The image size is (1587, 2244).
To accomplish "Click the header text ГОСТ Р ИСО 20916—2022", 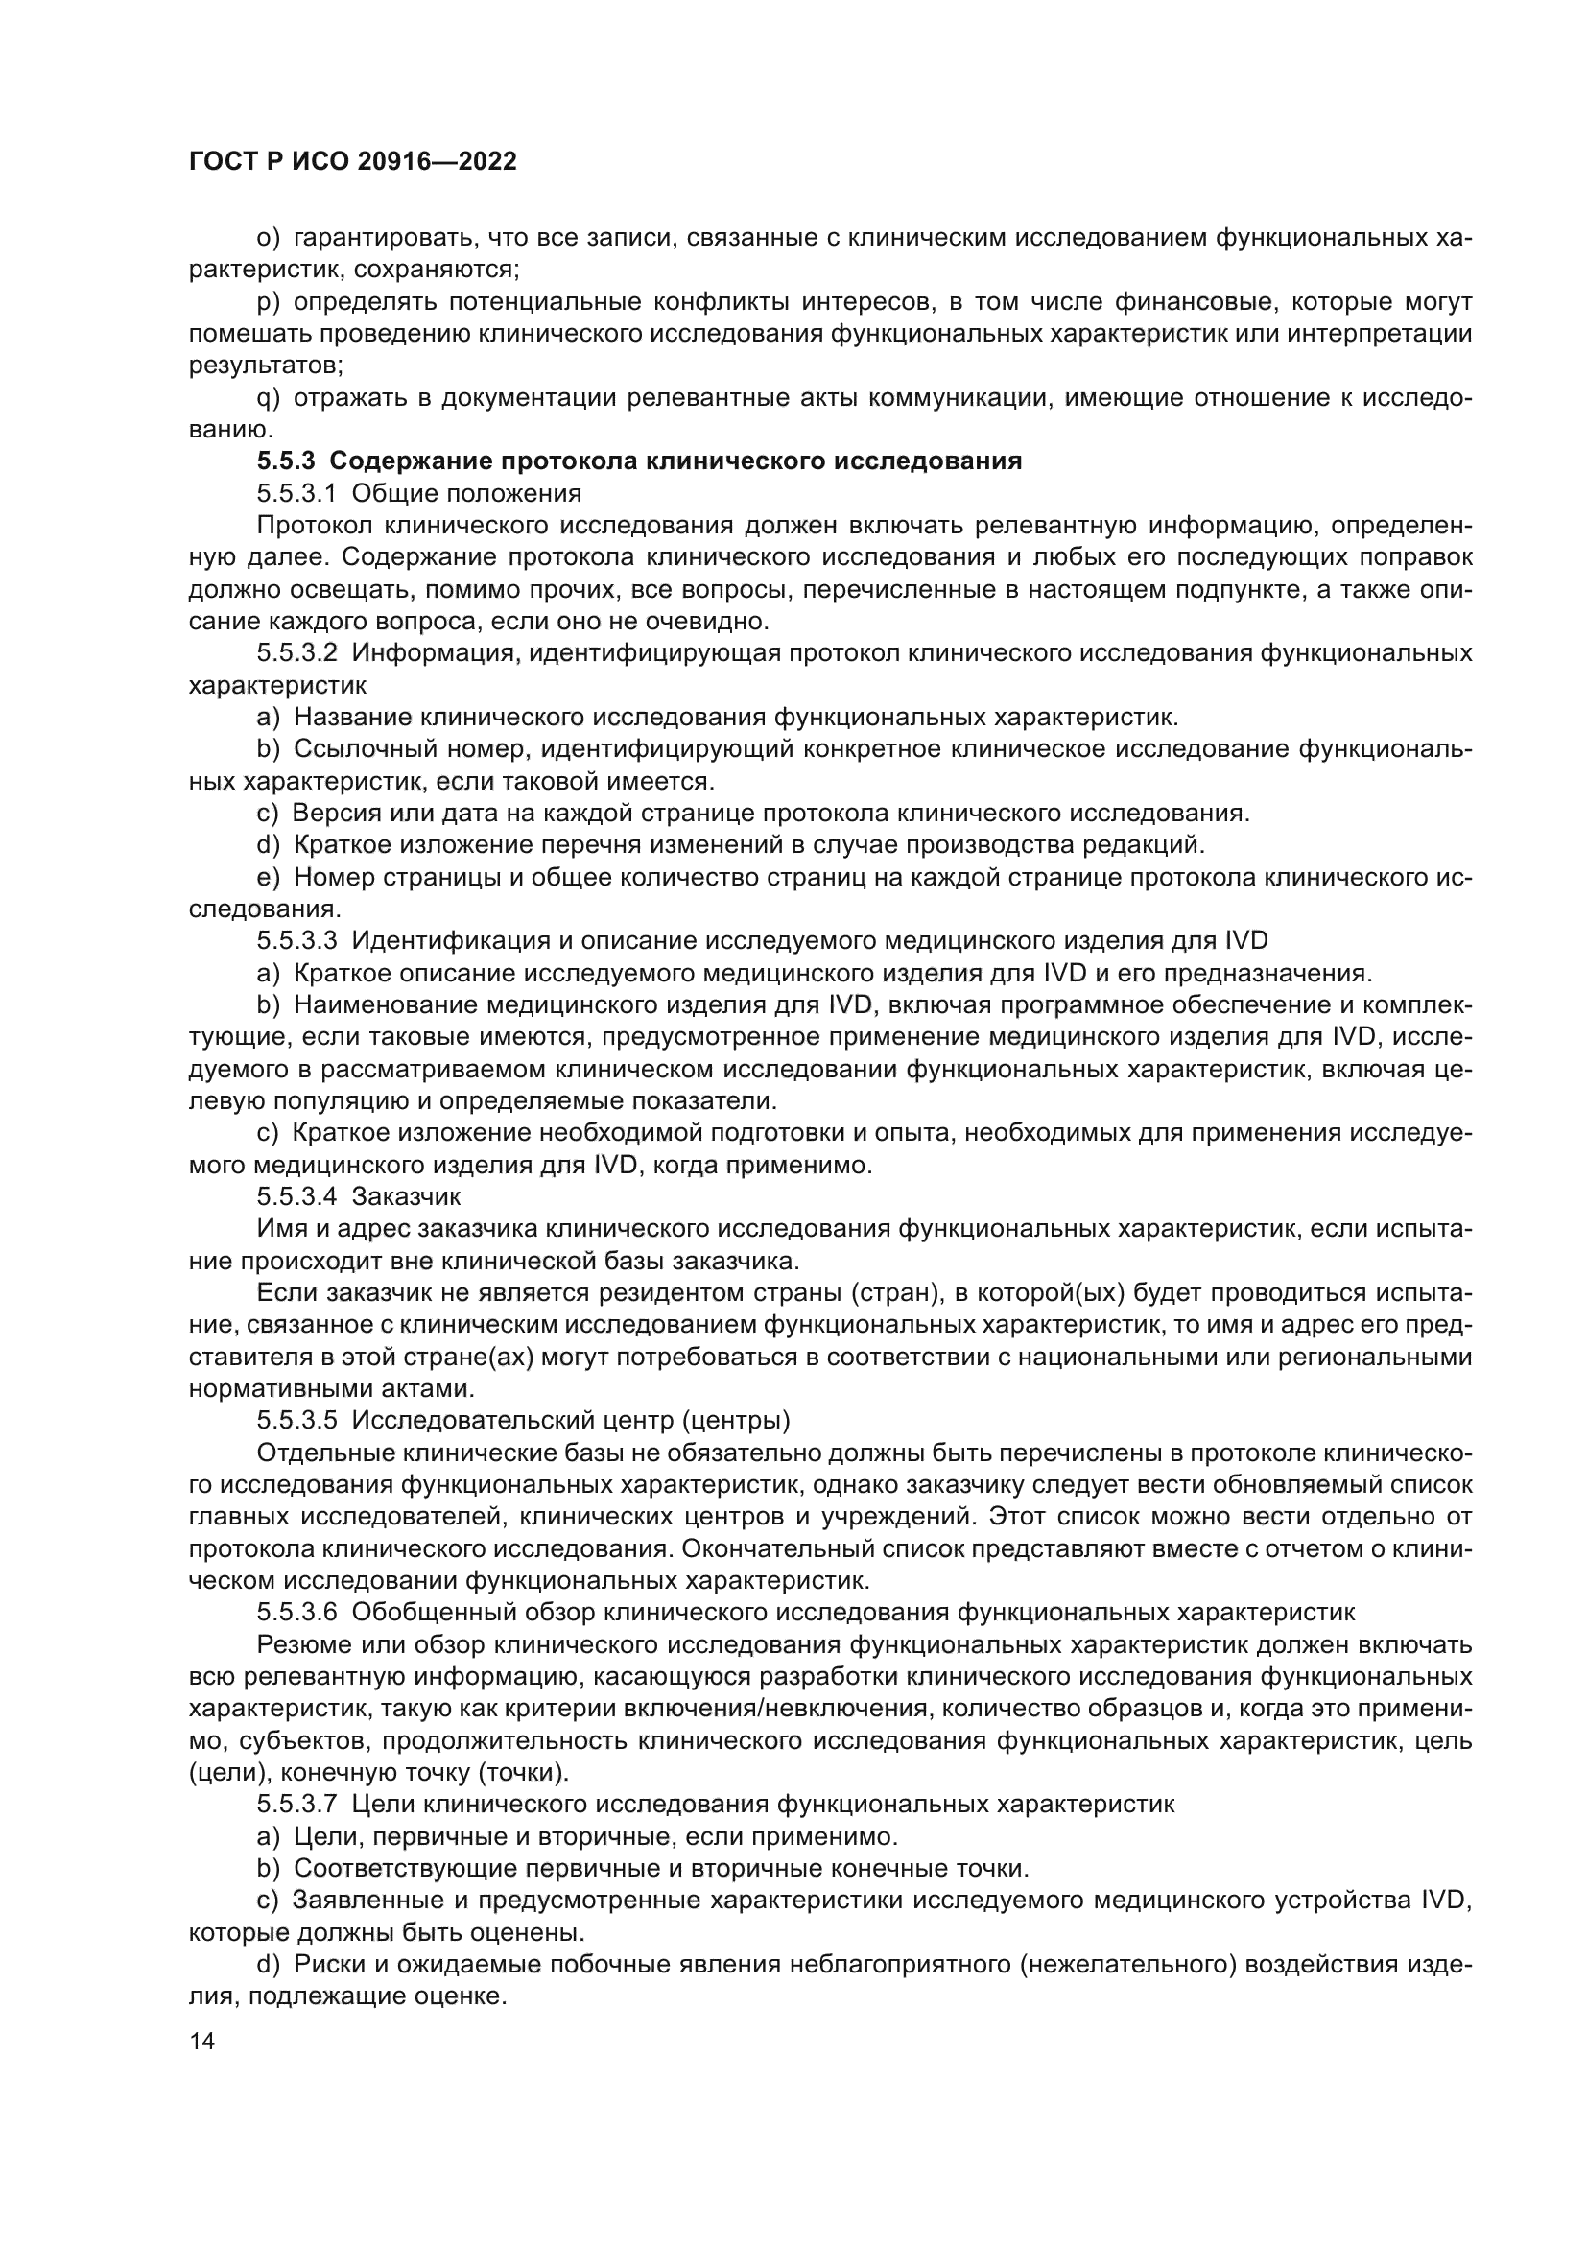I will (352, 162).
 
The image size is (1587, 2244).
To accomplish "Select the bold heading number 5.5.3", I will (283, 461).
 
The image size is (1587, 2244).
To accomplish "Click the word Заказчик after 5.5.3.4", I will (406, 1196).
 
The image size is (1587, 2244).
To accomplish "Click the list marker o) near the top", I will (268, 239).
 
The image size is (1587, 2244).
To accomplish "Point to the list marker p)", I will (268, 302).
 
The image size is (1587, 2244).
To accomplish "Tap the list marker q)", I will (268, 398).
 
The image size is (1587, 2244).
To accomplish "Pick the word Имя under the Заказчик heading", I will (278, 1229).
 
